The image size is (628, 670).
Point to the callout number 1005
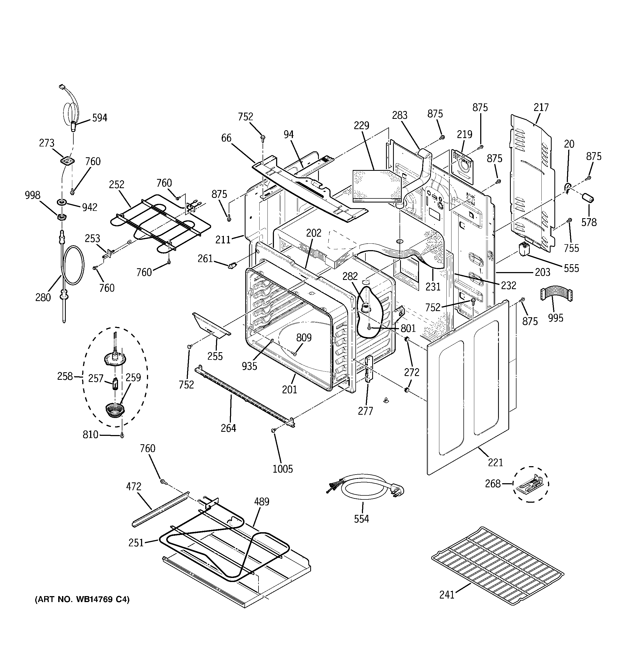[283, 469]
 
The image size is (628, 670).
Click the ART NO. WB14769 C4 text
[82, 600]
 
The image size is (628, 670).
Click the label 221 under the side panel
[495, 462]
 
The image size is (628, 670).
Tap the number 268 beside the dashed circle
[492, 484]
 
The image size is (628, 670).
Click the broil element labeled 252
[158, 224]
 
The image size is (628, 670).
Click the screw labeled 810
[122, 436]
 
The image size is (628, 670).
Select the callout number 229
[361, 126]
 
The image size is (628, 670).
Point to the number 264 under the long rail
[228, 428]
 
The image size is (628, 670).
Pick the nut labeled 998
[61, 217]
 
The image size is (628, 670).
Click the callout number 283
[400, 115]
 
